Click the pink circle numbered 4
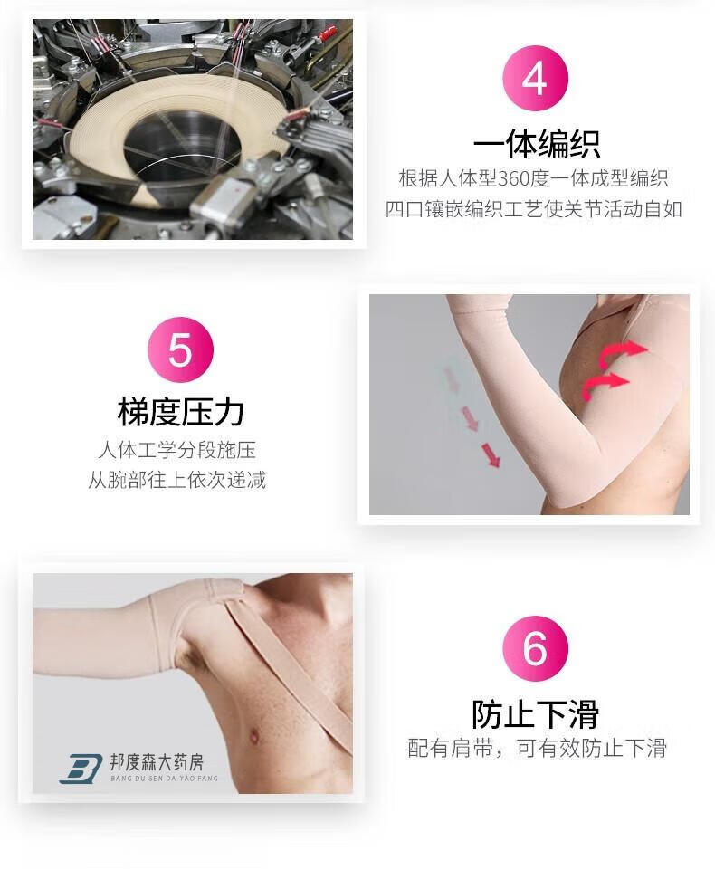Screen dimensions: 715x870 (535, 78)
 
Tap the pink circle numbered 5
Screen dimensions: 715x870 (180, 350)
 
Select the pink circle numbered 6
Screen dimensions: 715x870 (535, 648)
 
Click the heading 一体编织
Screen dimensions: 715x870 (536, 144)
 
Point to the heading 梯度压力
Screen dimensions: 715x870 (180, 412)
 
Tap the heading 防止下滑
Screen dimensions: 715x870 (535, 713)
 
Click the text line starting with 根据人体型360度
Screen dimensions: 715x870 (533, 178)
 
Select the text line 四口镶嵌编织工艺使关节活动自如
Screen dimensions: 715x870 (533, 209)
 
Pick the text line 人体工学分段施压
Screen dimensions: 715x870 (177, 450)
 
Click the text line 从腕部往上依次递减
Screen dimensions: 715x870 (177, 480)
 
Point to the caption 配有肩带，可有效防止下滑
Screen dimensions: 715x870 (537, 748)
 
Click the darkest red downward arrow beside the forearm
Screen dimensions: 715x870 (491, 455)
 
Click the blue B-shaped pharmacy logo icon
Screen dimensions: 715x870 (81, 769)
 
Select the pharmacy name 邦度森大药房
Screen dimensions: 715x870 (157, 762)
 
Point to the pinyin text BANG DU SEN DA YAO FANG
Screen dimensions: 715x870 (164, 779)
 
